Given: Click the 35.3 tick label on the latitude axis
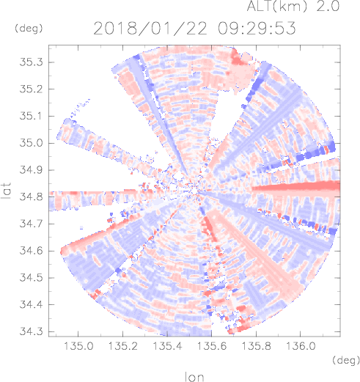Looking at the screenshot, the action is click(31, 62).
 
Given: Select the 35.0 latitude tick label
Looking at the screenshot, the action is click(31, 143).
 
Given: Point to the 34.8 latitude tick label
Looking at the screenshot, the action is click(31, 196).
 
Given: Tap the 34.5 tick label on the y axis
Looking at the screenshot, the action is click(31, 278).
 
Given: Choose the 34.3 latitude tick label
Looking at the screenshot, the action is click(31, 331).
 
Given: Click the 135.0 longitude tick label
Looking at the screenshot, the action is click(78, 346).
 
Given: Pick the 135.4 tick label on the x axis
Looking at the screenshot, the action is click(167, 346).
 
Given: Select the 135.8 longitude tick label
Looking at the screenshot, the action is click(256, 346).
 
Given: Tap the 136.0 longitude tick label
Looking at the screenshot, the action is click(301, 346).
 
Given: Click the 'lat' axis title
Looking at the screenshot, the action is click(7, 191).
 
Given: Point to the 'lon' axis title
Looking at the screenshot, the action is click(194, 376).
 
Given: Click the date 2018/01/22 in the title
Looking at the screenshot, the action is click(150, 29).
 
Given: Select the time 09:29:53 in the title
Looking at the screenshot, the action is click(257, 28).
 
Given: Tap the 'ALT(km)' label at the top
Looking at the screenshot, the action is click(276, 6).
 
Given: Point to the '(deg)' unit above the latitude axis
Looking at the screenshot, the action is click(29, 29).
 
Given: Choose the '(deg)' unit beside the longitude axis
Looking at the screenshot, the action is click(346, 360).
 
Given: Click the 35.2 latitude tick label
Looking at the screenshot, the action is click(31, 89).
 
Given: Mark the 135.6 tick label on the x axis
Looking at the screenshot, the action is click(212, 346).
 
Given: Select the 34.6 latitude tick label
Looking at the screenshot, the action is click(31, 251).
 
